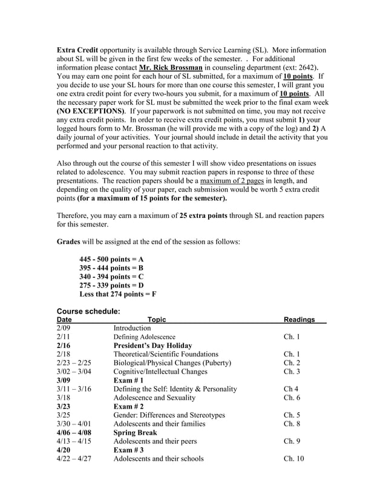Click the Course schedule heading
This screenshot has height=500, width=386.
88,311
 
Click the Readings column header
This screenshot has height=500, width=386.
299,320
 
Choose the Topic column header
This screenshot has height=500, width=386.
157,320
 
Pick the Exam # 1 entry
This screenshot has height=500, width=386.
128,380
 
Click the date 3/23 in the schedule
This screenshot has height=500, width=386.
64,406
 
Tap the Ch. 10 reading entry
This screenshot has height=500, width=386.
293,459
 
